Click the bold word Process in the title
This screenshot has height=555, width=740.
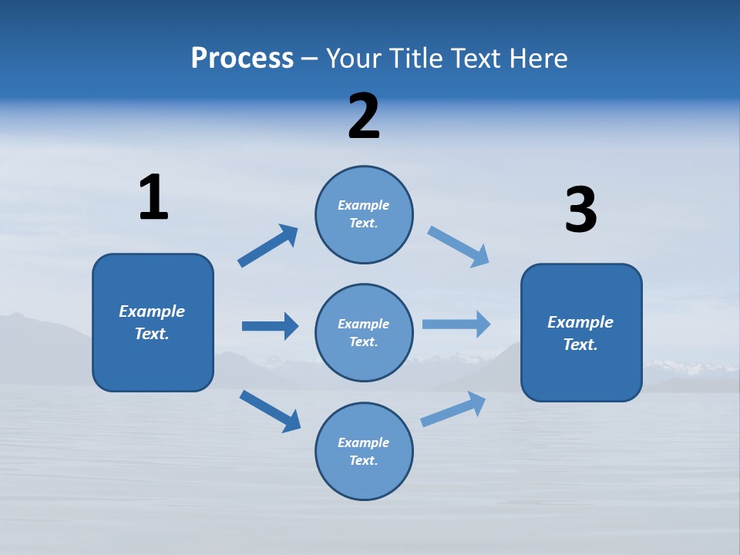(x=242, y=59)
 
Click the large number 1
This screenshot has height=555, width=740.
(x=153, y=197)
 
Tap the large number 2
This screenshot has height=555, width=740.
(x=364, y=116)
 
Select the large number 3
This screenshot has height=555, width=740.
(x=580, y=210)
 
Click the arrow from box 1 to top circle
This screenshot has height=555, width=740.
(x=267, y=246)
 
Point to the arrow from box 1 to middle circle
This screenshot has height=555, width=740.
(x=270, y=326)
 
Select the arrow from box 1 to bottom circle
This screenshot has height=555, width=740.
(x=270, y=410)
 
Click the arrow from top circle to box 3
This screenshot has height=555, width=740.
(x=458, y=247)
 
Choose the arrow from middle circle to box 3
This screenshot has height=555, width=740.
(x=456, y=324)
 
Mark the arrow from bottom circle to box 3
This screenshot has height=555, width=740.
(x=453, y=409)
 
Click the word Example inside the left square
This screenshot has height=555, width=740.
(x=152, y=311)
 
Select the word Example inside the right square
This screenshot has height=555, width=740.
(x=580, y=322)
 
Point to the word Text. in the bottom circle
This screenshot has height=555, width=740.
(x=364, y=460)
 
